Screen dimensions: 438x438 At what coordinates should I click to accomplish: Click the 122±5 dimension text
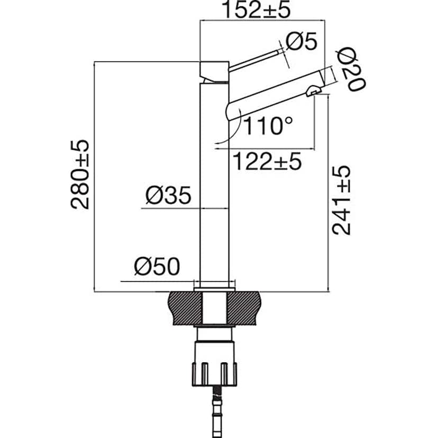coord(267,161)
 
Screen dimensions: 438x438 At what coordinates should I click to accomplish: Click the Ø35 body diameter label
coord(168,196)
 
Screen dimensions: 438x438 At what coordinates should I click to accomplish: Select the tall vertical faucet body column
coord(214,185)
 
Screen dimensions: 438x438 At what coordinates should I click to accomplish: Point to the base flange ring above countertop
coord(214,286)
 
